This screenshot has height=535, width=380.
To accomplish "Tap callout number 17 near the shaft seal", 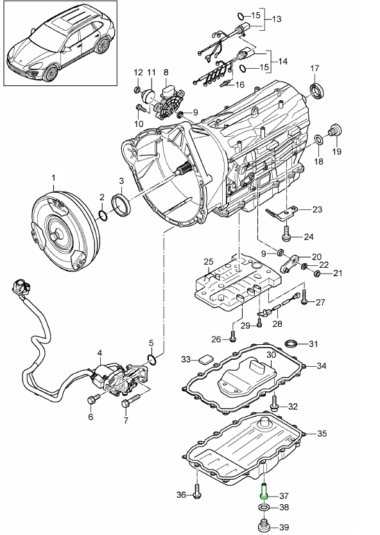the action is click(314, 68).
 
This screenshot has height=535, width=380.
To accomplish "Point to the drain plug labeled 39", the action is click(263, 525).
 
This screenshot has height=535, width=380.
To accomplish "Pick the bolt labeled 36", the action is click(197, 491).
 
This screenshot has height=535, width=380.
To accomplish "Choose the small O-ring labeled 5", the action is click(152, 358).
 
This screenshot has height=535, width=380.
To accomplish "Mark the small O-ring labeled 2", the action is click(103, 215).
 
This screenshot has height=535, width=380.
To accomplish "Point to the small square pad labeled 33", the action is click(205, 359).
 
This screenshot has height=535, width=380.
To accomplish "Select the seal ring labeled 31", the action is click(291, 343).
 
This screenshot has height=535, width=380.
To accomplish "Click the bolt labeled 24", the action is click(286, 232).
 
